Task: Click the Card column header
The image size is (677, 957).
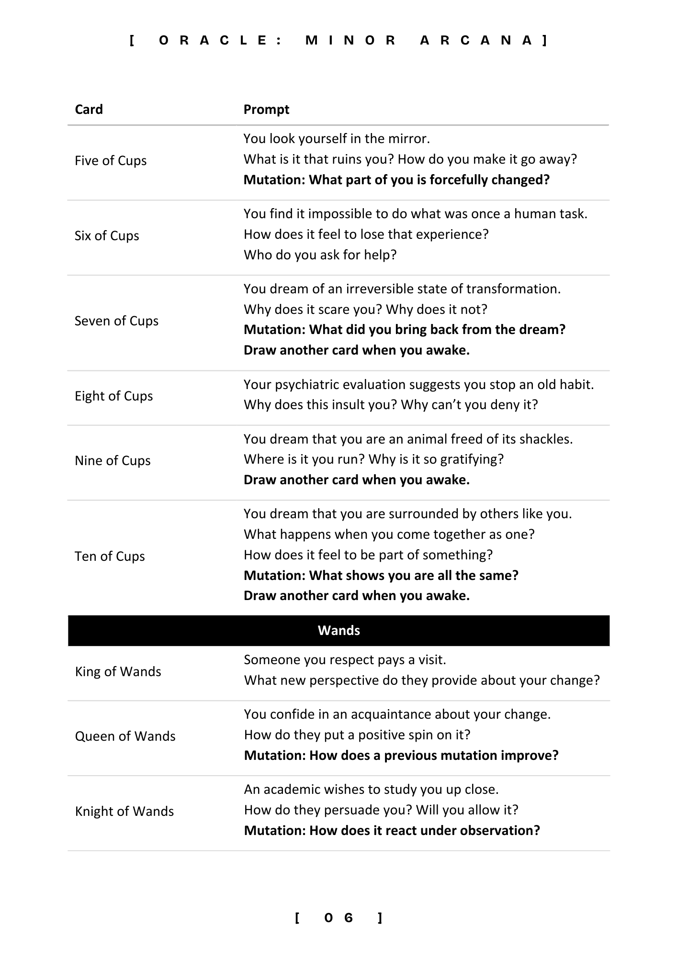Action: [89, 110]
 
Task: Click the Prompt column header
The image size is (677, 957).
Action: [266, 110]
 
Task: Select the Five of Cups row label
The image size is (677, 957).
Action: [111, 161]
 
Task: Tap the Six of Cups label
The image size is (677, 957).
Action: [107, 236]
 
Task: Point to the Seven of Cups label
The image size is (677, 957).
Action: [116, 321]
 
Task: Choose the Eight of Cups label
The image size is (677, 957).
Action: [113, 396]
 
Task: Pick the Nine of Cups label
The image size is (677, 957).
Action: [113, 461]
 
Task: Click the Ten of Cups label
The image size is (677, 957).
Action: [110, 556]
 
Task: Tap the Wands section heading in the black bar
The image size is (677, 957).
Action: [338, 631]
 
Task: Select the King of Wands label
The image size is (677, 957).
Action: [118, 672]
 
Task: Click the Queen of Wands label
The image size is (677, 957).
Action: [125, 736]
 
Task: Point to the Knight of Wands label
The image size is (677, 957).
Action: [124, 812]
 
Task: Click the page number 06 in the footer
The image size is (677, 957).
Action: [338, 918]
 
